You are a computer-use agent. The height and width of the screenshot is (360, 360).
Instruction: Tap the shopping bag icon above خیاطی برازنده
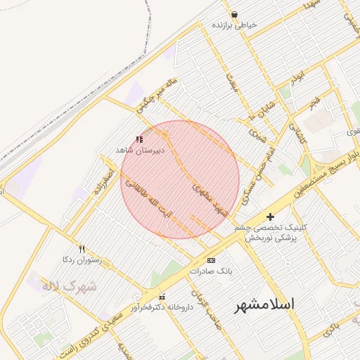[x=234, y=14]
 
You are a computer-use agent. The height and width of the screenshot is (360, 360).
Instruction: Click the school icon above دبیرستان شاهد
[x=139, y=140]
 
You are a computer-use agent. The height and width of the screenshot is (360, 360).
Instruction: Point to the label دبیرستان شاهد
[x=139, y=150]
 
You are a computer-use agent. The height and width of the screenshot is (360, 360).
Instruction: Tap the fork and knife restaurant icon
[x=82, y=249]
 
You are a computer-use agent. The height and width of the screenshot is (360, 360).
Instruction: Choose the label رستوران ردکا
[x=82, y=259]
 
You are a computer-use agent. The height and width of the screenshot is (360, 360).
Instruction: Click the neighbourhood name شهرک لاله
[x=68, y=286]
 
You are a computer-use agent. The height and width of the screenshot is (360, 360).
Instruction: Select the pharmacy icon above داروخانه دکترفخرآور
[x=162, y=296]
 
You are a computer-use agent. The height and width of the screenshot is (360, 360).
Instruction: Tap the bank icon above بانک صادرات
[x=211, y=260]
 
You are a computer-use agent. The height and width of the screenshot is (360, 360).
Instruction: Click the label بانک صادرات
[x=211, y=271]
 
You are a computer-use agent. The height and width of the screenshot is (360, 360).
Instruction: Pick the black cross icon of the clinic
[x=270, y=217]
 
